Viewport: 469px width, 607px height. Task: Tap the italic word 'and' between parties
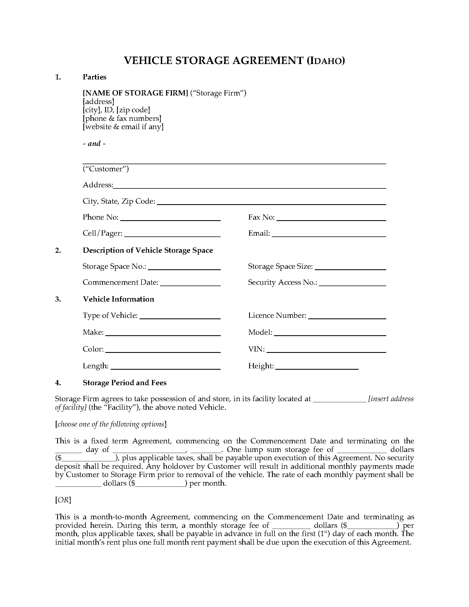94,143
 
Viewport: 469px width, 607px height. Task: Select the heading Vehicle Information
118,299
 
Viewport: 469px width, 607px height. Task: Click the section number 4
58,383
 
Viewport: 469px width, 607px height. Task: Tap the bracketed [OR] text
63,500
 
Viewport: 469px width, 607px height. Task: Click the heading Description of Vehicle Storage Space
148,250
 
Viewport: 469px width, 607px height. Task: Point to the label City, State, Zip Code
119,201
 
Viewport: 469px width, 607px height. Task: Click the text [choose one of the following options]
111,424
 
